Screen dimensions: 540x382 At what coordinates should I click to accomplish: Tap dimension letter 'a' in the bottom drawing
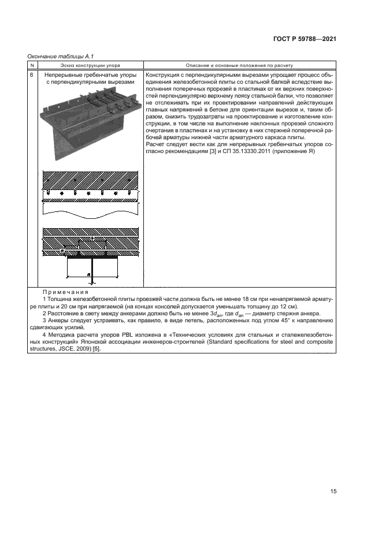(x=88, y=275)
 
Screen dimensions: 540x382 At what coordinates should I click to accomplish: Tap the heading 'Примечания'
(x=63, y=292)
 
